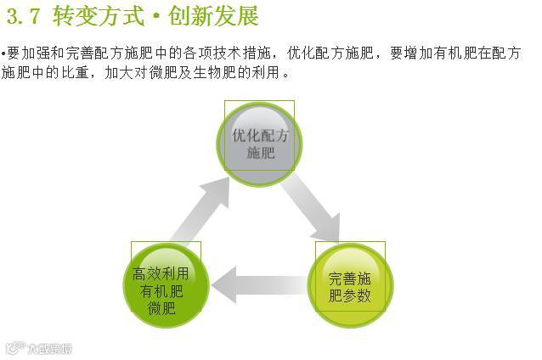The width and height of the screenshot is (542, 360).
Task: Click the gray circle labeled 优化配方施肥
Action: pos(260,141)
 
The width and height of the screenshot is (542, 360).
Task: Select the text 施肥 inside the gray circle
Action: pos(261,154)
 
